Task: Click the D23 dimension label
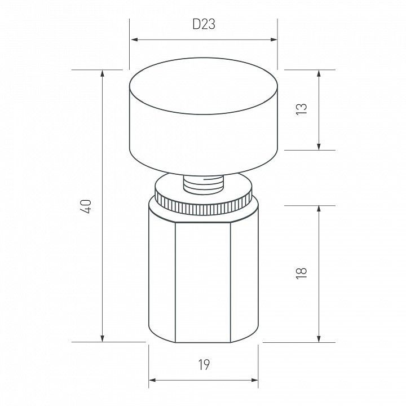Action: (204, 24)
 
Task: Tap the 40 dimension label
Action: (86, 206)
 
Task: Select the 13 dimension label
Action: (301, 109)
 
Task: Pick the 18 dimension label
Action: (301, 273)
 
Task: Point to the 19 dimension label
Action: (204, 365)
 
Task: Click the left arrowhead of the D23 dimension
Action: (134, 39)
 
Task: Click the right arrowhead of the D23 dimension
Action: (273, 39)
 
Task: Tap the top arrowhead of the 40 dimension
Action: (103, 73)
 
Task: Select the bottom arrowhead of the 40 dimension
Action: (103, 338)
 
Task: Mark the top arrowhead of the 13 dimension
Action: (319, 73)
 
